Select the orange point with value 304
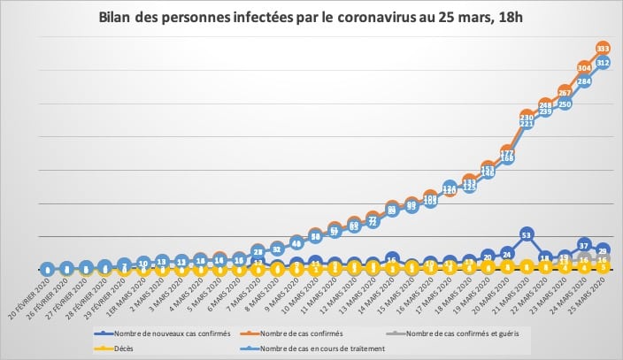(584, 67)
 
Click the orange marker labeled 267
(565, 91)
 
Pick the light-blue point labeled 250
(565, 103)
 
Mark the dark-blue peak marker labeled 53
(527, 235)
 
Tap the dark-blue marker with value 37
(584, 244)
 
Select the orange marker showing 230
(527, 117)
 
